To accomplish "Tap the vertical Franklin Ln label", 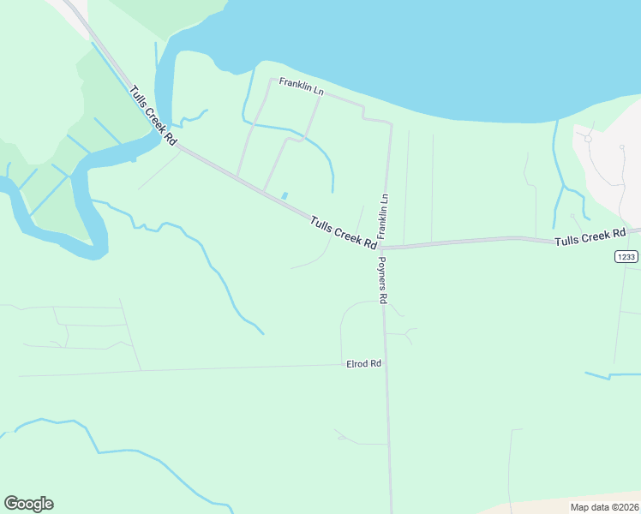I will [x=383, y=215].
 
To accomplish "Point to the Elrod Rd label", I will [x=363, y=363].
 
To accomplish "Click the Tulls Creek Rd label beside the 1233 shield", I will [x=590, y=238].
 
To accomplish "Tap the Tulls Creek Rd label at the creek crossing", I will [x=153, y=115].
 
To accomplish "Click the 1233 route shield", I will [x=626, y=256].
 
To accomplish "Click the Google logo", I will [x=28, y=504].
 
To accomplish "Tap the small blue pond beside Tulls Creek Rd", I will [x=285, y=195].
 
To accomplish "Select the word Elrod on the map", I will [x=358, y=363].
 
